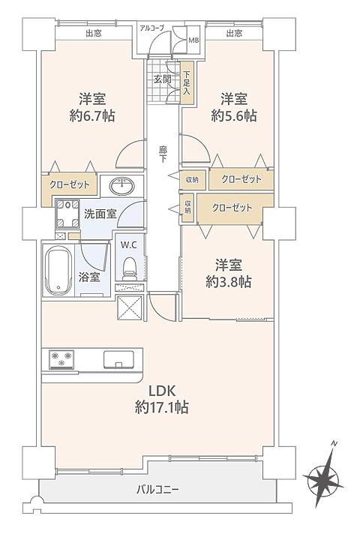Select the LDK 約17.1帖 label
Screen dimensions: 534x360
coord(162,399)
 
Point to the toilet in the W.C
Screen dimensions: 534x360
coord(128,266)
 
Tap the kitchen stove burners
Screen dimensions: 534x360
coord(61,359)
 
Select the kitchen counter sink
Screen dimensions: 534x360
coord(118,359)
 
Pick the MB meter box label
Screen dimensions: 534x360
coord(193,40)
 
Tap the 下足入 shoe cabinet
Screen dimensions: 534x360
coord(187,83)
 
